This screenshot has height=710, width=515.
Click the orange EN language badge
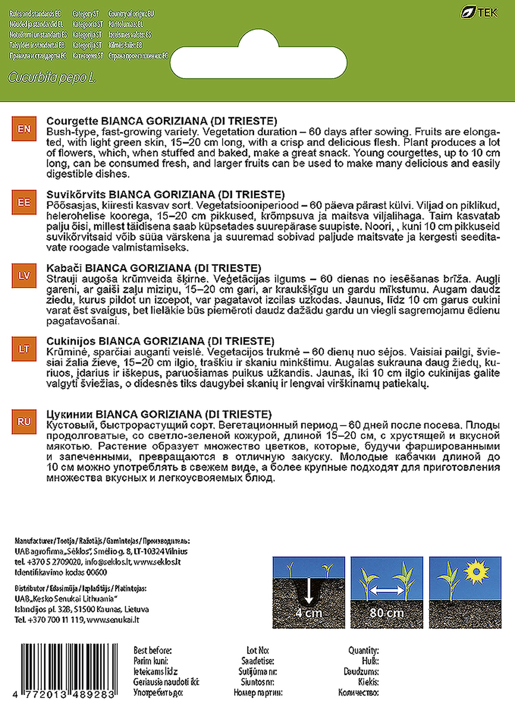point(24,129)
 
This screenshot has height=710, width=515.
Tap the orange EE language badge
point(24,202)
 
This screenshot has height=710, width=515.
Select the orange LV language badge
point(24,276)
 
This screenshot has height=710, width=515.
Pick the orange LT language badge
point(24,349)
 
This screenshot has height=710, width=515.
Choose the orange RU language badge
point(24,422)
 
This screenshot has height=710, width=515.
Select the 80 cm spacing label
point(386,613)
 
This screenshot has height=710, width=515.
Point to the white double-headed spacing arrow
point(387,590)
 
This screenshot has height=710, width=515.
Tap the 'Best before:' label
point(152,650)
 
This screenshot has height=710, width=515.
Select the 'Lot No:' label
point(257,650)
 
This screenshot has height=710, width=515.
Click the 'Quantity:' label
point(363,650)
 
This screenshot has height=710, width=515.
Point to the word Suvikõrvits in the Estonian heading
point(76,194)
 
